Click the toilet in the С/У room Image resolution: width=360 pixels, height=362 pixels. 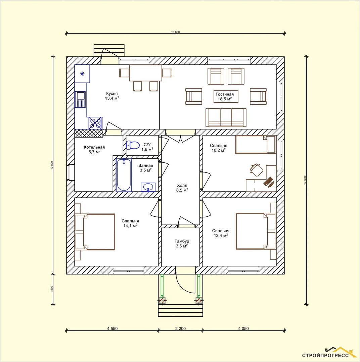pos(133,145)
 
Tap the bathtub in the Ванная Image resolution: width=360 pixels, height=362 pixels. pos(124,175)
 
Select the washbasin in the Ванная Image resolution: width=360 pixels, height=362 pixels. pos(148,187)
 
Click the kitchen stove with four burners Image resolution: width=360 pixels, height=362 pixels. pos(96,123)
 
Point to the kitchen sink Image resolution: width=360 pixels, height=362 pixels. pos(80,100)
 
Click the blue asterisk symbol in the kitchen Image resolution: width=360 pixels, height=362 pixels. pos(82,74)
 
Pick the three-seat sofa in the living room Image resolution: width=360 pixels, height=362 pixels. pos(226,117)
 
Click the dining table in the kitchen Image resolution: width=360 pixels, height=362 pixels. pos(145,73)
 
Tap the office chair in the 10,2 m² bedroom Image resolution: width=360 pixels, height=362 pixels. pos(257,169)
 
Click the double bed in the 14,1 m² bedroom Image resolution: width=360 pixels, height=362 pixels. pos(95,231)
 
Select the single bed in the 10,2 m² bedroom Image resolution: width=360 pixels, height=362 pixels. pos(256,145)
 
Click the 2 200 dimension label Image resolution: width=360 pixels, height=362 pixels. pos(180,328)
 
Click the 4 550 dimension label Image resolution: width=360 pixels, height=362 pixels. pos(112,328)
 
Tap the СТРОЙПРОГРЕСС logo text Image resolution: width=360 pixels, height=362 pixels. pos(325,355)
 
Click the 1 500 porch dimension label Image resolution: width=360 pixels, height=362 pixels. pos(52,289)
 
